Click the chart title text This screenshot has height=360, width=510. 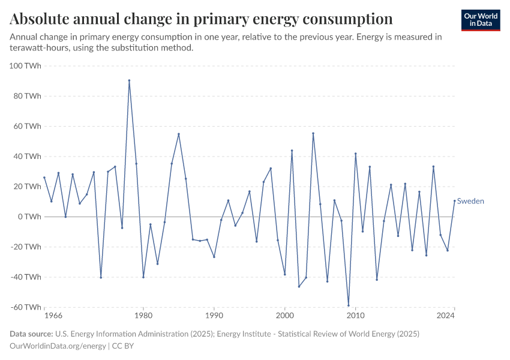click(201, 19)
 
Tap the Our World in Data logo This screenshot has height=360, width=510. click(480, 20)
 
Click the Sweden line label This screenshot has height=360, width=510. click(470, 202)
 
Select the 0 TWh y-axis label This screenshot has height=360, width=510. click(29, 217)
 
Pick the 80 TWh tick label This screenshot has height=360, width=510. click(28, 96)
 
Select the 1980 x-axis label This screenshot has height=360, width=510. click(143, 316)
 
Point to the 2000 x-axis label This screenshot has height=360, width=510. click(284, 316)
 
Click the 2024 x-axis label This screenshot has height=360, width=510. click(446, 316)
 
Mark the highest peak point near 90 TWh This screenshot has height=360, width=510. click(129, 80)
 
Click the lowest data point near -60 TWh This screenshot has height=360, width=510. click(349, 305)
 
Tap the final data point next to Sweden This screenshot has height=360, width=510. click(454, 201)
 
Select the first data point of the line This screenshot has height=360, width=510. click(44, 178)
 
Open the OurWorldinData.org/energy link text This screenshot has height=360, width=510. click(58, 346)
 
